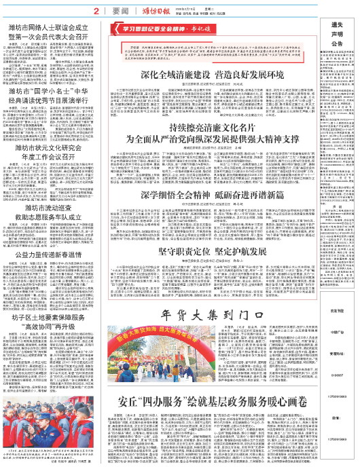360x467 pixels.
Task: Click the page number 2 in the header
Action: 97,11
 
